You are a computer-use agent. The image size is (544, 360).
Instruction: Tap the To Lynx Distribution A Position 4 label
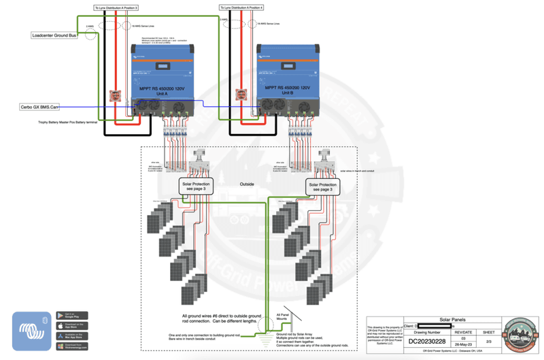pos(241,7)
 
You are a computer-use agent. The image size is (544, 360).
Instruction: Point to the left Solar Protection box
pos(197,186)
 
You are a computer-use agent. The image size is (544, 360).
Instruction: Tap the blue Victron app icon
pos(32,330)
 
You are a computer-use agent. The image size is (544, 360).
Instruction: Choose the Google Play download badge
pos(72,316)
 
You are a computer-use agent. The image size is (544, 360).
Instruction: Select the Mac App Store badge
pos(72,336)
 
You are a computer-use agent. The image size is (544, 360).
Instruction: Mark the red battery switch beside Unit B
pos(241,96)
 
